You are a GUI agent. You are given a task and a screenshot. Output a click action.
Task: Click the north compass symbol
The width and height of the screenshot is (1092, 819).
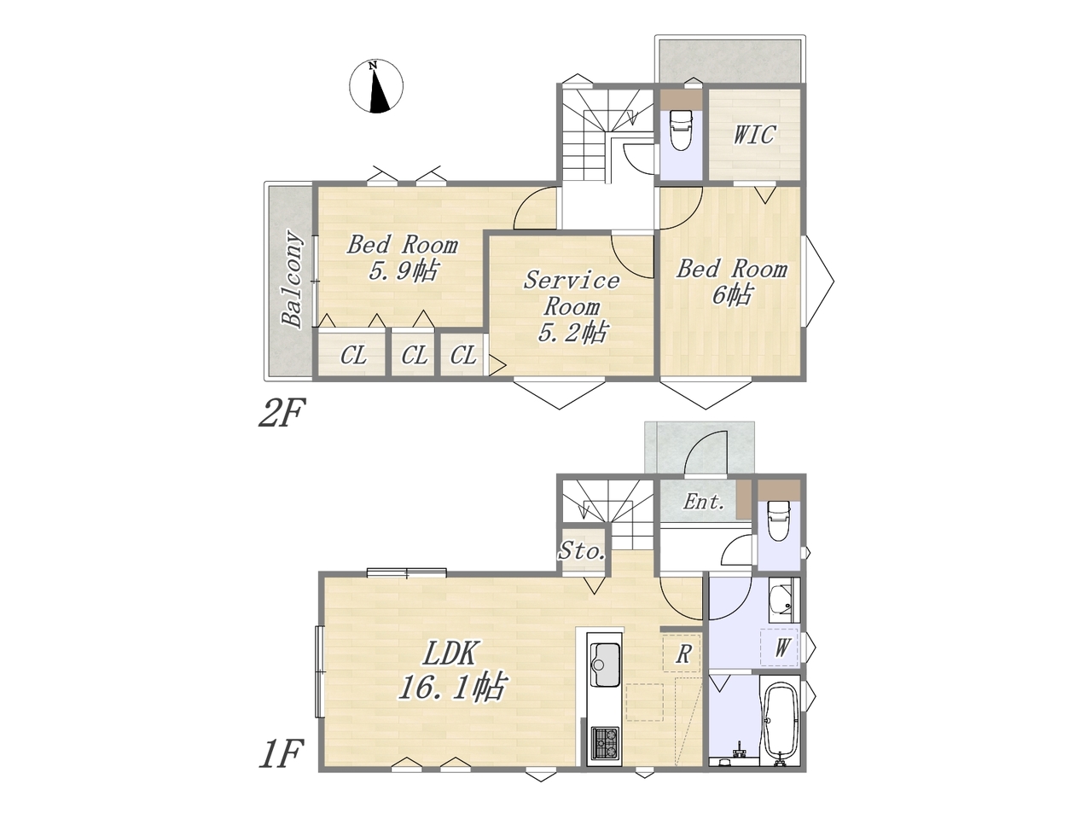coord(376,86)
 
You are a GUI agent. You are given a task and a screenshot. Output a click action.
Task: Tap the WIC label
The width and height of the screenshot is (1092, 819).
coord(754,134)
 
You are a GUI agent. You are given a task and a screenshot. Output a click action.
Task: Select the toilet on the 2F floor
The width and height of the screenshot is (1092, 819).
coord(680,130)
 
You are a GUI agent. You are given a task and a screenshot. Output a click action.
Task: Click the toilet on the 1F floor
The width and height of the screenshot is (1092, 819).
coord(779,521)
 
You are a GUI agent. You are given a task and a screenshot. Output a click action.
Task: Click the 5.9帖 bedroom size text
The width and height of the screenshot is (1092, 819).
coord(403,271)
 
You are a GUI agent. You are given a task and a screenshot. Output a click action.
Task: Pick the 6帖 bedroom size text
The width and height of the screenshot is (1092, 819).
coord(731,296)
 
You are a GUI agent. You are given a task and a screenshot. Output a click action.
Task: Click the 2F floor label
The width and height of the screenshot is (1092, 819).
coord(281,413)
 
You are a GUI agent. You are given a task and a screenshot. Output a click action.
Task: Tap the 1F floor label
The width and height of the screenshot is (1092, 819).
coord(281,754)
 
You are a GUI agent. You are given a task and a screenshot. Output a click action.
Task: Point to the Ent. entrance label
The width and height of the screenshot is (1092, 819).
coord(704,502)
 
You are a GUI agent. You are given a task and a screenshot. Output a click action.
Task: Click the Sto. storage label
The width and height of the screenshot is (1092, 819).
coord(582,550)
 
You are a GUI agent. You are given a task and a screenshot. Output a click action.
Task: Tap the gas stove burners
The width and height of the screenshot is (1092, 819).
coord(605,742)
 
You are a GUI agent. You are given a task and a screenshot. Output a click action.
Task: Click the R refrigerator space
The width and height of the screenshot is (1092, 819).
coord(682,653)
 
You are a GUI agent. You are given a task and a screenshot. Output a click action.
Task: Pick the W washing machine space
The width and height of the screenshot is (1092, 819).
coord(780,647)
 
